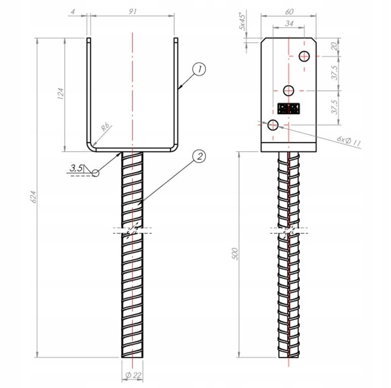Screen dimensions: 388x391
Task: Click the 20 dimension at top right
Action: tap(333, 46)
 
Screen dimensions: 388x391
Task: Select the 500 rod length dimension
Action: tap(234, 254)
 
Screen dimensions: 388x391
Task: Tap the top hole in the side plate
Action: tap(304, 56)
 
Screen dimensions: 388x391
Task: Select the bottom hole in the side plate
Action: tap(274, 124)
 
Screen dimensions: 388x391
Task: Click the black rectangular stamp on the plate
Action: tap(289, 108)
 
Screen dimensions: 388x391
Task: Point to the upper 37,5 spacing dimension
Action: tap(333, 72)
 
